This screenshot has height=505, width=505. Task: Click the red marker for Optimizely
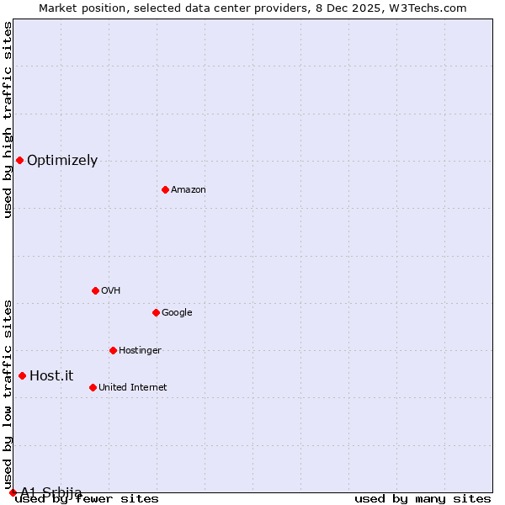pyautogui.click(x=19, y=160)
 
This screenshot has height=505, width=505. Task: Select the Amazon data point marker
pyautogui.click(x=165, y=189)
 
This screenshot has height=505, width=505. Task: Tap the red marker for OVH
pyautogui.click(x=95, y=290)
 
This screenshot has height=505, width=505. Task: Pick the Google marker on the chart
pyautogui.click(x=156, y=312)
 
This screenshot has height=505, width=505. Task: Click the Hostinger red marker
pyautogui.click(x=113, y=350)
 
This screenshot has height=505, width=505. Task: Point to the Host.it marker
pyautogui.click(x=22, y=375)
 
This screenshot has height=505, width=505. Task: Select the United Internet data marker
pyautogui.click(x=93, y=387)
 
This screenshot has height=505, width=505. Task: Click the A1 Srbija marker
pyautogui.click(x=13, y=492)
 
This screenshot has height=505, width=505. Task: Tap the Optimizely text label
pyautogui.click(x=62, y=161)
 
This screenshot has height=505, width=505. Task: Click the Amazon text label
pyautogui.click(x=189, y=190)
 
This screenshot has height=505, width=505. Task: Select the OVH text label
pyautogui.click(x=110, y=291)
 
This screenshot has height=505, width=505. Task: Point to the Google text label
pyautogui.click(x=177, y=313)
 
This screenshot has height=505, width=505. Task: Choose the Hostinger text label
pyautogui.click(x=140, y=351)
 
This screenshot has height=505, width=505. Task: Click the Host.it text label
pyautogui.click(x=51, y=376)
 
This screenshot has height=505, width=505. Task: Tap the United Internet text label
pyautogui.click(x=132, y=388)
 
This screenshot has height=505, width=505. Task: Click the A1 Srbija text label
pyautogui.click(x=51, y=492)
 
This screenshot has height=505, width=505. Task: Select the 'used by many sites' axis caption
pyautogui.click(x=423, y=499)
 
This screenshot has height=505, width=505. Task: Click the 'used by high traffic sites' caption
pyautogui.click(x=8, y=120)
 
